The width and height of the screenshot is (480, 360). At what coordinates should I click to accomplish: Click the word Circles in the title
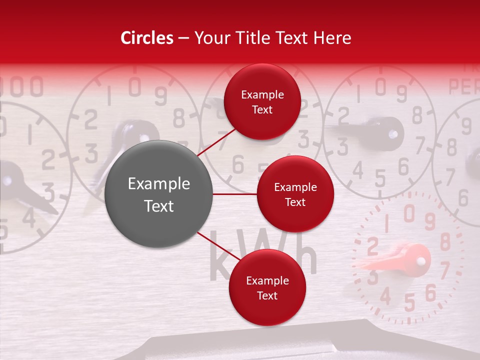(x=146, y=38)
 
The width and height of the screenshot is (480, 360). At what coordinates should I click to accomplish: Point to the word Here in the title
(x=332, y=38)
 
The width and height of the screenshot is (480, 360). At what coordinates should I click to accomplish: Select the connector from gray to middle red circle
(x=235, y=193)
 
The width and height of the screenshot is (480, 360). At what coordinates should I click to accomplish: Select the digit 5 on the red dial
(x=409, y=302)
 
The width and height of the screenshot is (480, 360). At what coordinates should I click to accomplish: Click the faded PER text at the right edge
(x=464, y=87)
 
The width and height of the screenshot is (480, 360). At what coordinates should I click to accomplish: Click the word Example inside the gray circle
(x=158, y=184)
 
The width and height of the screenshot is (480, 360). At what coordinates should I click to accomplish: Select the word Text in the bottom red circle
(x=267, y=296)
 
